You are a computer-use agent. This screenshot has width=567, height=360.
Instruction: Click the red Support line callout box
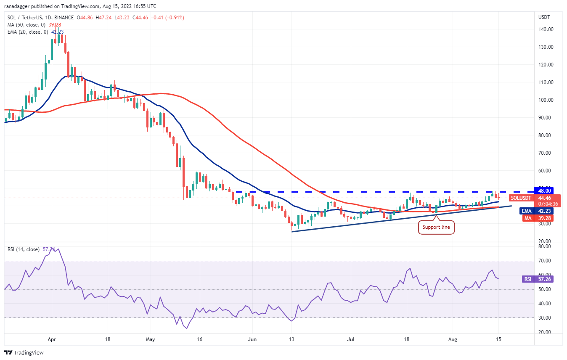click(436, 227)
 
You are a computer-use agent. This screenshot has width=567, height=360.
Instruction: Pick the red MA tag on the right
click(525, 218)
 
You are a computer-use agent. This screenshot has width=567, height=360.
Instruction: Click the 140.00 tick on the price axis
click(545, 29)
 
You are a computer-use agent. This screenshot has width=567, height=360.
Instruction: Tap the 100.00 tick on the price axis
click(545, 100)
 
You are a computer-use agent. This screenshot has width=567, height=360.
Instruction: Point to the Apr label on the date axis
click(52, 339)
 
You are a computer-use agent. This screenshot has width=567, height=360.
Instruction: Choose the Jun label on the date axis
click(252, 339)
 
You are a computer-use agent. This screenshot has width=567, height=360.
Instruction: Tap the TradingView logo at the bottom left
click(24, 352)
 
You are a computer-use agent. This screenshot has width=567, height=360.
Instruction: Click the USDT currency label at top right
click(544, 17)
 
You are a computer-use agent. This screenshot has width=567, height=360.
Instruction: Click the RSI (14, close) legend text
click(24, 249)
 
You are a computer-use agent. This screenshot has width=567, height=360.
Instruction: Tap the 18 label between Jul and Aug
click(407, 339)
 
